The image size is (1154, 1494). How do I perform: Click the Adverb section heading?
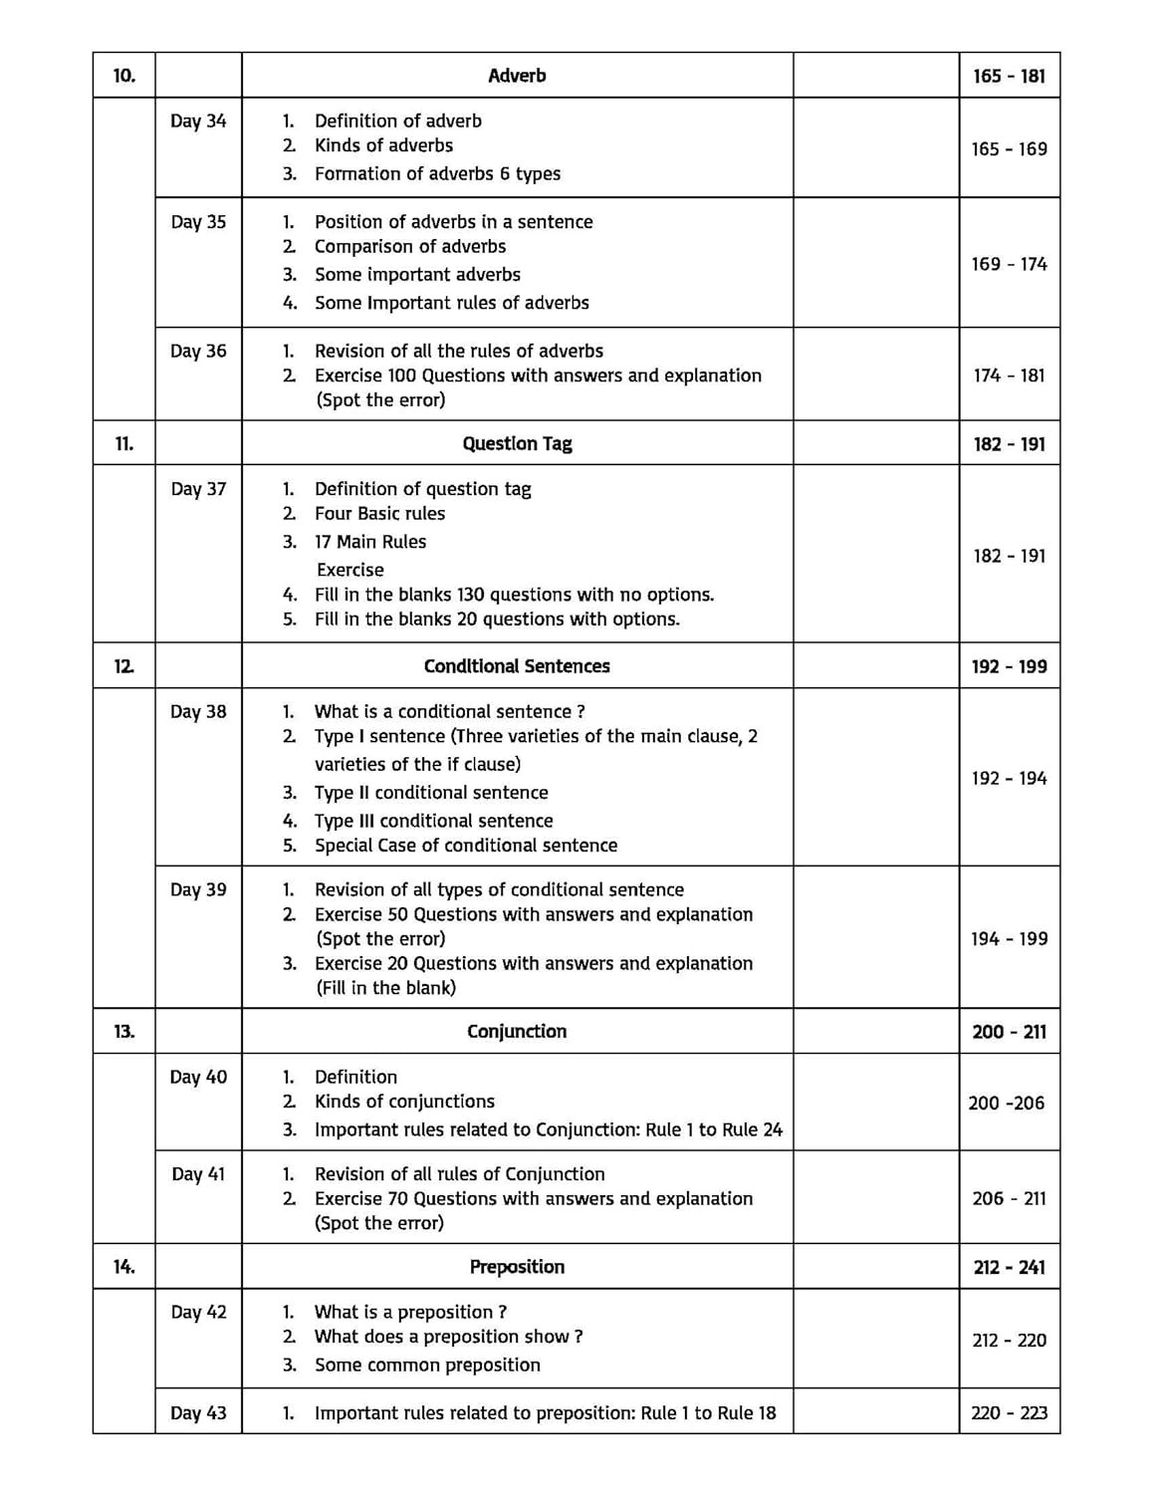tap(517, 76)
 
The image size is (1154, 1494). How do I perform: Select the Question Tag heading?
tap(517, 444)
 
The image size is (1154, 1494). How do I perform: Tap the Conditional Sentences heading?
tap(517, 666)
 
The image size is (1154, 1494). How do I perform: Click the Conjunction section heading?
tap(517, 1032)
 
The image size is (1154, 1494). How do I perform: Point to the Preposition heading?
tap(517, 1267)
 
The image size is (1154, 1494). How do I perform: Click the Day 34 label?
tap(198, 122)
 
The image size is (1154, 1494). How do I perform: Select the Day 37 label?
tap(198, 489)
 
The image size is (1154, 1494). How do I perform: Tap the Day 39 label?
tap(198, 890)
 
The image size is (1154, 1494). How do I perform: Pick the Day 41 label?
tap(198, 1174)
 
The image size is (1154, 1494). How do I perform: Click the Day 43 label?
tap(198, 1413)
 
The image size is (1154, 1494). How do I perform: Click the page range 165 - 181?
tap(1010, 76)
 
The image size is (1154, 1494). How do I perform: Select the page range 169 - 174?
tap(1010, 264)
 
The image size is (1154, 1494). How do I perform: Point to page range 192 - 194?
tap(1010, 778)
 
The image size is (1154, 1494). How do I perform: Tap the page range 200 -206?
tap(1007, 1103)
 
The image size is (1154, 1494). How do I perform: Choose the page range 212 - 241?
tap(1010, 1267)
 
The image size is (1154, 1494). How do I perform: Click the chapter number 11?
tap(123, 444)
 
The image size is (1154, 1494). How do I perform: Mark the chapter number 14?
tap(123, 1267)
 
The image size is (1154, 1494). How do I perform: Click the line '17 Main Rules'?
tap(370, 542)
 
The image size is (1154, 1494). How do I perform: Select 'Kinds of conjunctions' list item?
tap(404, 1102)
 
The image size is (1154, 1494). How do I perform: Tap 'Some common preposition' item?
tap(427, 1366)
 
